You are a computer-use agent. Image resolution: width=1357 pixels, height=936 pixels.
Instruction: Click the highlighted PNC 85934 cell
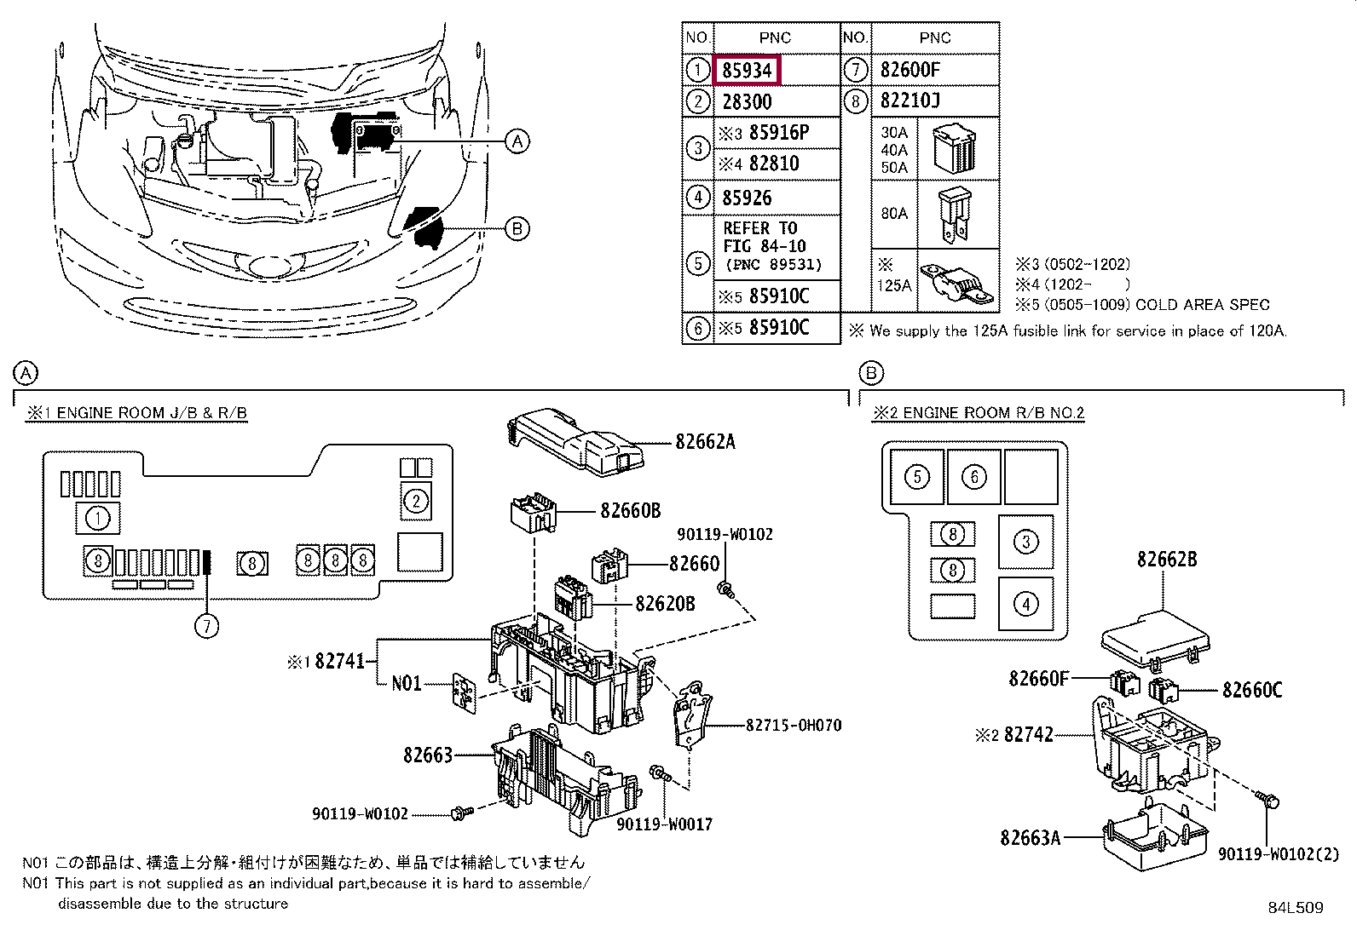747,70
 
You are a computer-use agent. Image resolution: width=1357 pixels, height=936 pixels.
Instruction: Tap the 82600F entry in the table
909,70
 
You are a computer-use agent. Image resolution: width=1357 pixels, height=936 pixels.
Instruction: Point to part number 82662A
705,442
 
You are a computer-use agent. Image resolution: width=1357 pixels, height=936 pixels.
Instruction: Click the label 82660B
630,511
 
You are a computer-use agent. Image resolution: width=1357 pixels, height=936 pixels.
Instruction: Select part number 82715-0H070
793,725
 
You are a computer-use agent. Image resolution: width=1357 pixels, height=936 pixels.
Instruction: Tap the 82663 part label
428,755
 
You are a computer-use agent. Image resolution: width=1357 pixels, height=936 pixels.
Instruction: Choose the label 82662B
1167,560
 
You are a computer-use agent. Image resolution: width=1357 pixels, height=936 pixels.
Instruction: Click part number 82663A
1030,838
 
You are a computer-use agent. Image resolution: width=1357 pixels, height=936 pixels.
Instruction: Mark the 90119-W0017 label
664,824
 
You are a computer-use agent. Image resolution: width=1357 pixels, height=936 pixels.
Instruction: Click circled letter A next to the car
517,141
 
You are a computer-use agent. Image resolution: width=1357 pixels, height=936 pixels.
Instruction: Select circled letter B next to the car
517,229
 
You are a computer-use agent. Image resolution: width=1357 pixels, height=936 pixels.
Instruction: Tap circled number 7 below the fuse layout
206,626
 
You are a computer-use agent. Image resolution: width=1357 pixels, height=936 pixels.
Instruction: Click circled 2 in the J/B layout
416,502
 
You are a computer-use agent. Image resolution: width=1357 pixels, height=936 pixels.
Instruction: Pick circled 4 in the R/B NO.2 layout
1025,604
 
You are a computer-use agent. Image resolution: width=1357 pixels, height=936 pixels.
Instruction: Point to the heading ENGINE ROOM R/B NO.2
994,413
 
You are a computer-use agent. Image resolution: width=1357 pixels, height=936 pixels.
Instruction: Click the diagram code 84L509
1296,908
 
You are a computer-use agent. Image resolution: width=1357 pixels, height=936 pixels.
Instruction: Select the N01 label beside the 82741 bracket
406,684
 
